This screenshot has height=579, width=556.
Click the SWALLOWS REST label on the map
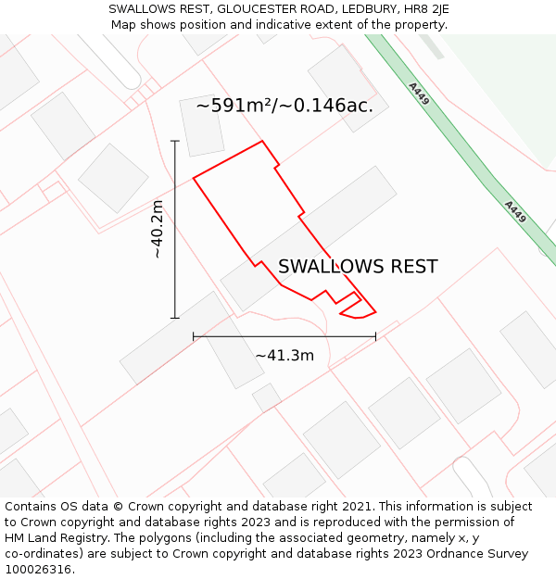(358, 267)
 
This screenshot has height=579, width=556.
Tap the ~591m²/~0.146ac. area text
(284, 106)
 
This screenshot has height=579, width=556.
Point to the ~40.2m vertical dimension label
(157, 229)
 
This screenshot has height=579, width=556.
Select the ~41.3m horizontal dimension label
(284, 356)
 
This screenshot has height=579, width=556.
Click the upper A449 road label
(419, 94)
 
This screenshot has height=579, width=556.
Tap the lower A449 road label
(516, 212)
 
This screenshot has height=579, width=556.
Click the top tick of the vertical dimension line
(175, 141)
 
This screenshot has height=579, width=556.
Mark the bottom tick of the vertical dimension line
(175, 318)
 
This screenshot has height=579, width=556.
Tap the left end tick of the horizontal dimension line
(194, 337)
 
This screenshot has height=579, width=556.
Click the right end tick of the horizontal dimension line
(375, 337)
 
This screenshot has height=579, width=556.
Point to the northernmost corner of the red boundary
(263, 141)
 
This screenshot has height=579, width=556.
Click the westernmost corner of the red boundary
(194, 177)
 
